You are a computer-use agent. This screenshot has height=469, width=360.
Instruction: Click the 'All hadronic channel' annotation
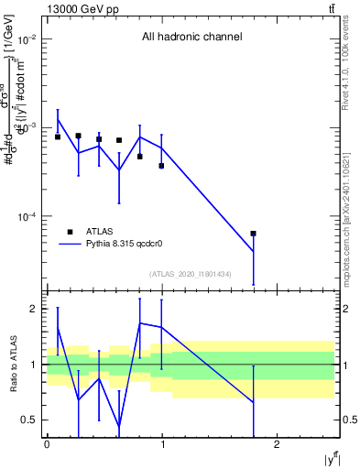(x=191, y=38)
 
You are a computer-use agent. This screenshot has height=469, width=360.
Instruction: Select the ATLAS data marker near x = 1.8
(x=254, y=234)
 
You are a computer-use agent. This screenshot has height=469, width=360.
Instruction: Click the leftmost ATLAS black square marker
(x=58, y=136)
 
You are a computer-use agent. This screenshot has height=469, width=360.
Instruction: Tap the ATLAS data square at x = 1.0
(x=161, y=166)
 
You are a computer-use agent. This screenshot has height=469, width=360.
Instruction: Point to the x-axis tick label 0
(x=46, y=444)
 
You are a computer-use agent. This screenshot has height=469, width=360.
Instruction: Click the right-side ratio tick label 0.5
(x=347, y=420)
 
